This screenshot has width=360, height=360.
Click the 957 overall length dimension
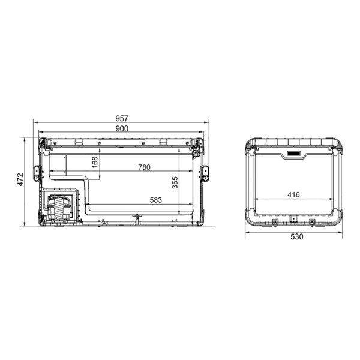(122, 118)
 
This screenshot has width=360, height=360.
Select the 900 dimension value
(122, 129)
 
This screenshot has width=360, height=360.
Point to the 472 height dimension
(20, 179)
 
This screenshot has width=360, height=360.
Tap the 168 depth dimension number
(95, 162)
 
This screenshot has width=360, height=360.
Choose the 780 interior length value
(144, 167)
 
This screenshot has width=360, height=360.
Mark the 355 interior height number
(175, 182)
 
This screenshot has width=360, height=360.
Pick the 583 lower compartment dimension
(155, 200)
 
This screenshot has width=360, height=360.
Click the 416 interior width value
(293, 194)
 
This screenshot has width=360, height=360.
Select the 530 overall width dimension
(297, 236)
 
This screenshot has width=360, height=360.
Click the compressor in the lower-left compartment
(59, 208)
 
